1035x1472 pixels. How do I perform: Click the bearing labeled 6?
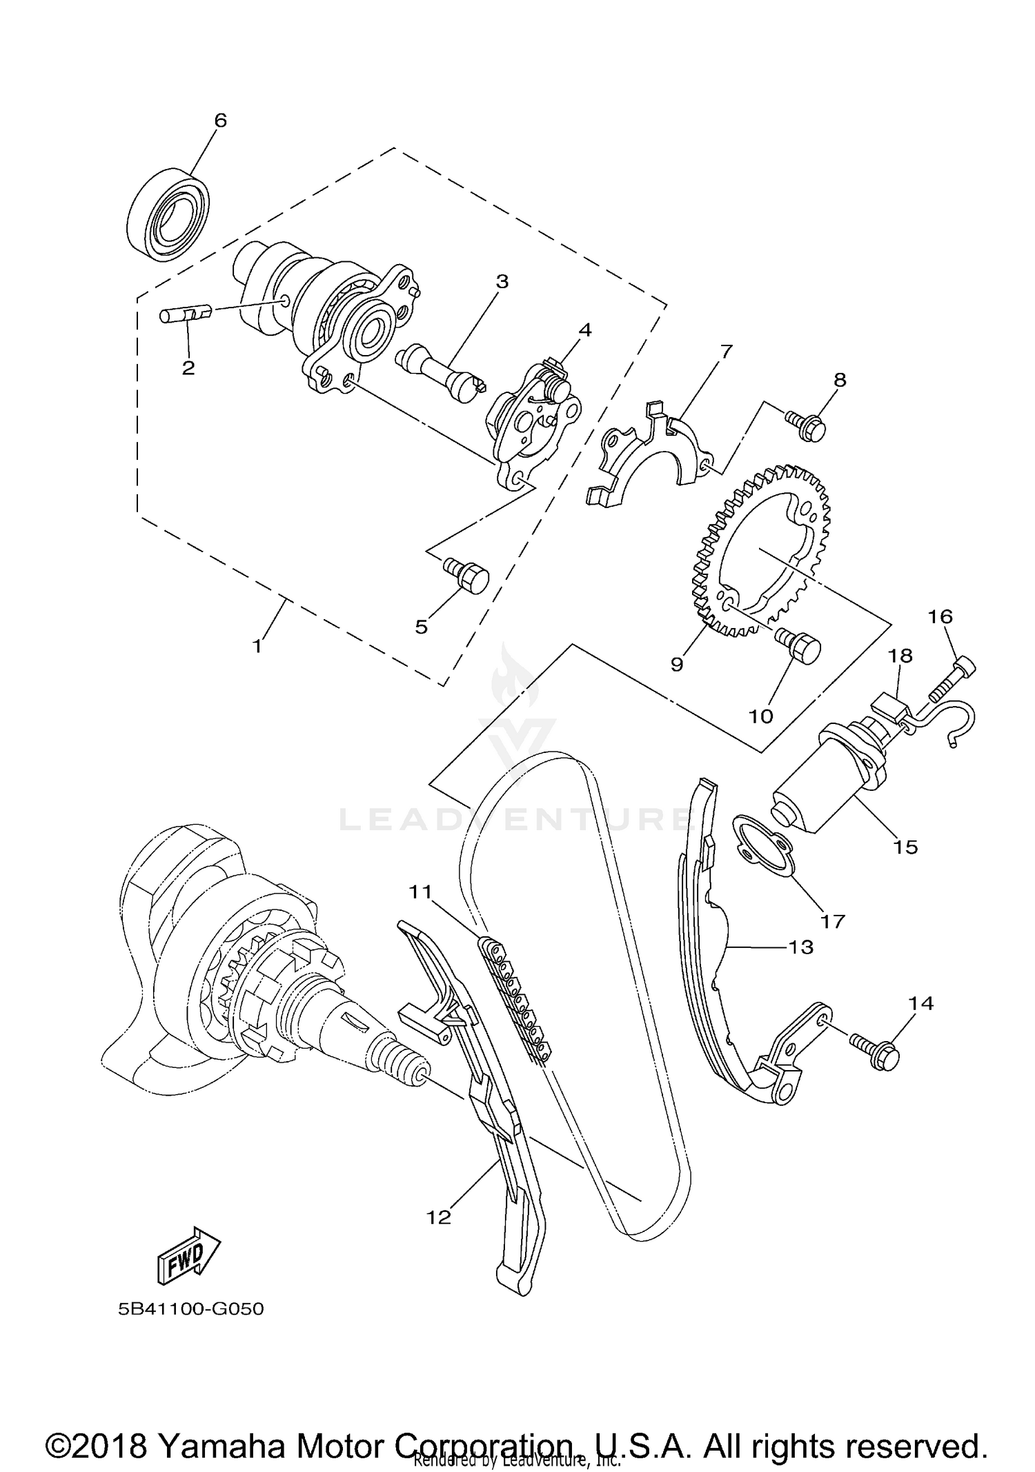pyautogui.click(x=170, y=214)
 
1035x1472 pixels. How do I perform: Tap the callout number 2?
pyautogui.click(x=188, y=367)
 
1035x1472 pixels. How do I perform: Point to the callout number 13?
pyautogui.click(x=800, y=947)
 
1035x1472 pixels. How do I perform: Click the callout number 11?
pyautogui.click(x=420, y=891)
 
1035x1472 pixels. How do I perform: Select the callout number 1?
pyautogui.click(x=257, y=646)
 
